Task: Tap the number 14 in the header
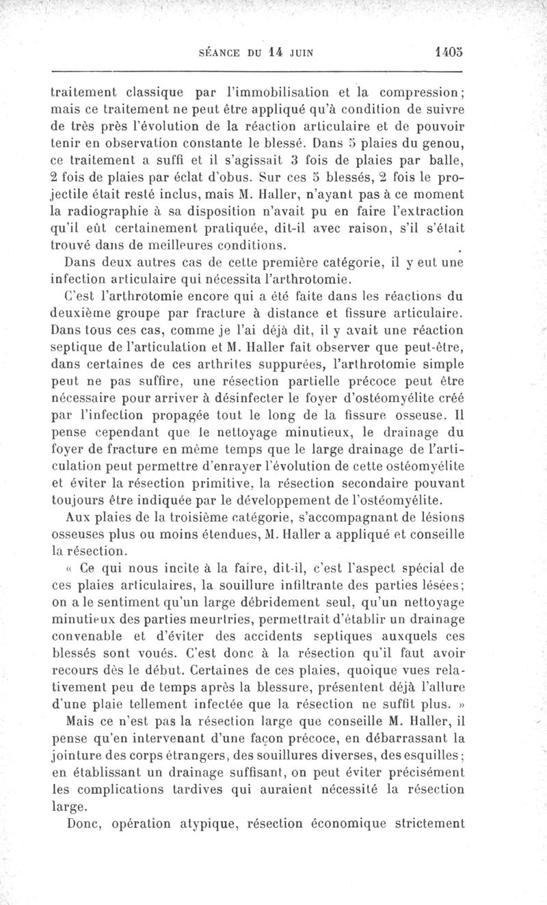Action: [x=276, y=51]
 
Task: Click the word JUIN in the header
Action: [x=302, y=52]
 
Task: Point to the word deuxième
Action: [x=83, y=314]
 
